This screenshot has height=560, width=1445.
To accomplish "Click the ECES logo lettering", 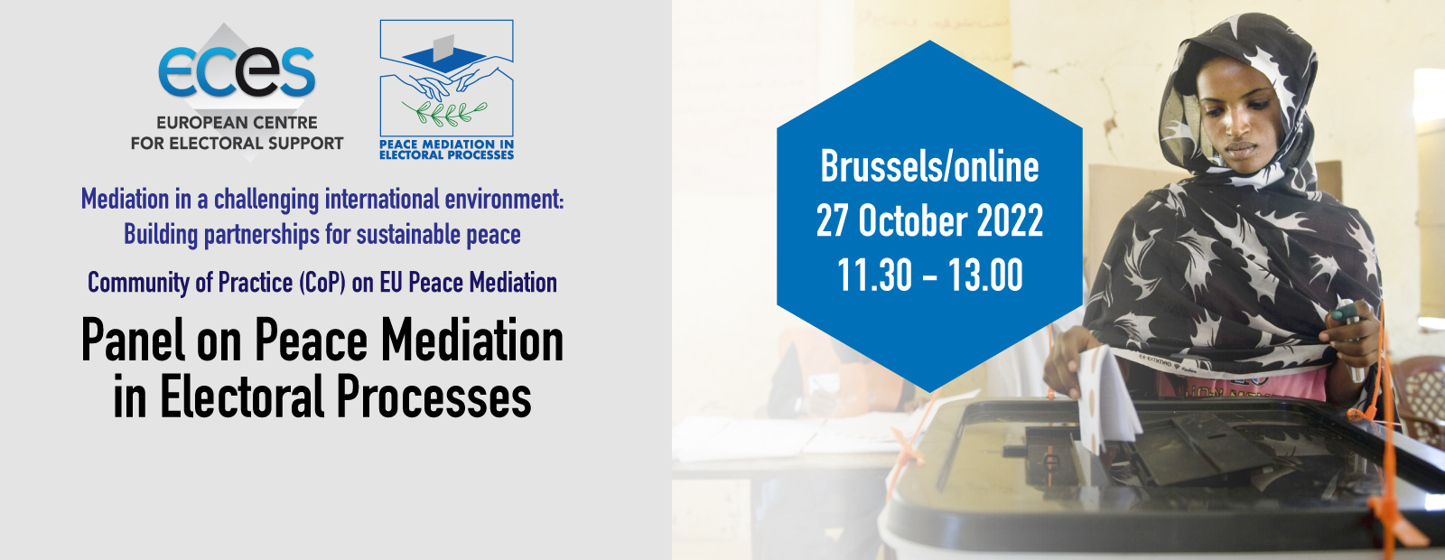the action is click(x=237, y=71).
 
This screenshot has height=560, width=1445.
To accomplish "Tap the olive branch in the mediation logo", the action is click(x=444, y=114).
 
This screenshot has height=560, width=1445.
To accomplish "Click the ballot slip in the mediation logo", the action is click(x=443, y=48).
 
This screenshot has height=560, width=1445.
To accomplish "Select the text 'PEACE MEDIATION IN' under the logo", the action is click(x=446, y=145).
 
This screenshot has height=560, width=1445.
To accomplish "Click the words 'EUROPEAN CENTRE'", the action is click(x=237, y=123).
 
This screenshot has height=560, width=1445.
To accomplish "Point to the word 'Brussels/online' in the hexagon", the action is click(x=929, y=167).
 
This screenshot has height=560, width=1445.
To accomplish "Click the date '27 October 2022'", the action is click(x=929, y=220).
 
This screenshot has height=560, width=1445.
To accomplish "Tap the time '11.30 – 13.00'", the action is click(x=929, y=275).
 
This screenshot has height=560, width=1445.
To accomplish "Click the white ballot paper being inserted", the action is click(x=1107, y=400).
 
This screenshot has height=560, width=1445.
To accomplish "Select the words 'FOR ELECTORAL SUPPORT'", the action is click(x=237, y=144).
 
